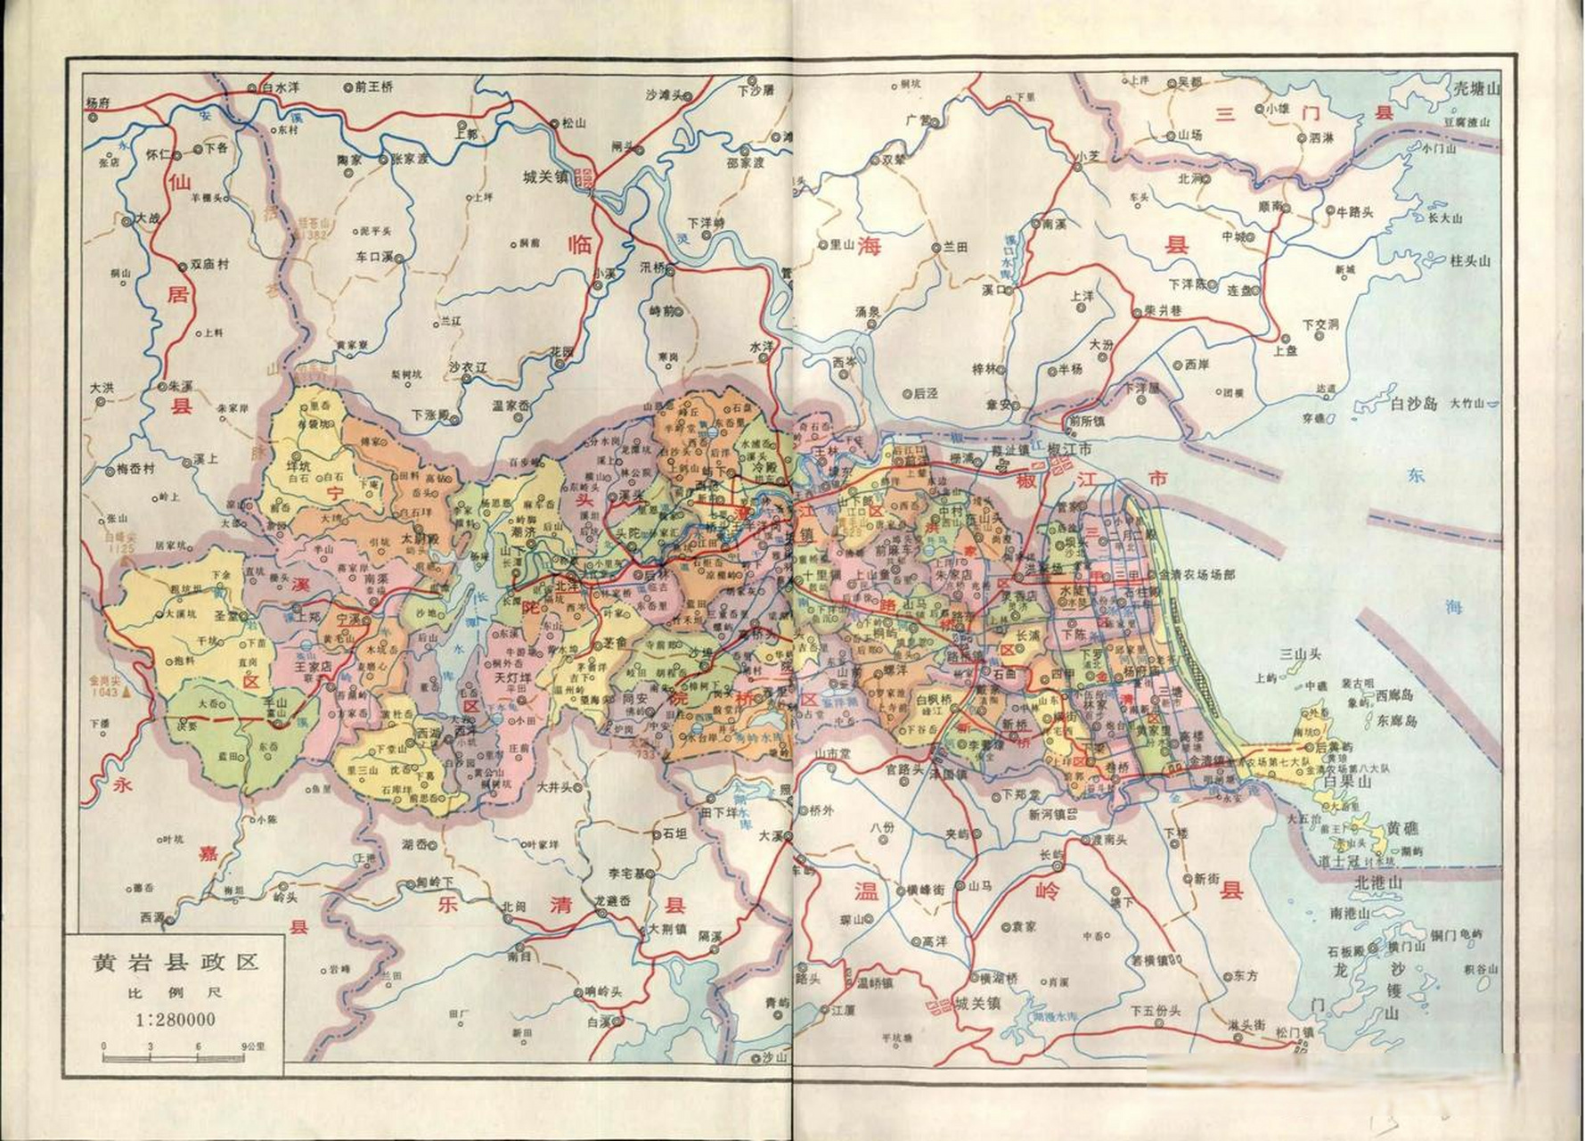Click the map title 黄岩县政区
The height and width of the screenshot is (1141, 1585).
point(175,963)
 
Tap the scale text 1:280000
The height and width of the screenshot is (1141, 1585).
point(175,1019)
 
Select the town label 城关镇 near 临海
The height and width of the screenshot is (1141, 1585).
point(544,177)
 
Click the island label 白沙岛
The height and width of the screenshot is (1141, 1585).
point(1414,404)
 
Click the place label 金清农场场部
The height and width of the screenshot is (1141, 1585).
point(1196,575)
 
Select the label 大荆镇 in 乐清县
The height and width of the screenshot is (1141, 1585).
point(667,929)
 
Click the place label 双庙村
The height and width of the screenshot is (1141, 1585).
point(210,265)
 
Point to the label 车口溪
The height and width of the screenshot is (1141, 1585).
point(374,257)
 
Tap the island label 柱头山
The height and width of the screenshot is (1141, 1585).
point(1470,261)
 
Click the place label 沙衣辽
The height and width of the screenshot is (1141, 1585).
point(468,366)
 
